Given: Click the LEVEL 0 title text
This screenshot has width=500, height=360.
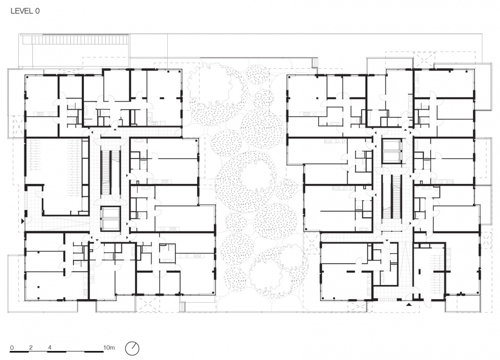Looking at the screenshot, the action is click(25, 11).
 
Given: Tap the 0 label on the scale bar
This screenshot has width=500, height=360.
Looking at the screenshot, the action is click(12, 347).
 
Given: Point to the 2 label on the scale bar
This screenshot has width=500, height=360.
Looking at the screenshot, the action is click(31, 347).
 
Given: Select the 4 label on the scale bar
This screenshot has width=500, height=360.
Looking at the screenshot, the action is click(50, 347).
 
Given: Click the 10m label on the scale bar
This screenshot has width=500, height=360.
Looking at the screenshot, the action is click(109, 347).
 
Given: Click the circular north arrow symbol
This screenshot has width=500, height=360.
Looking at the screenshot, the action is click(132, 348).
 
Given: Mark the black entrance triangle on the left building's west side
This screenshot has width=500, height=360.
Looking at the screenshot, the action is click(22, 221).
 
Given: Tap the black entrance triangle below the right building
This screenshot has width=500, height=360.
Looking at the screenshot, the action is click(409, 305).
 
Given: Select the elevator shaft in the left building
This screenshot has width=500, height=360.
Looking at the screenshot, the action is click(110, 219).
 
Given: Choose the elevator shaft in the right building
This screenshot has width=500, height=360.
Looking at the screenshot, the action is click(391, 151).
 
